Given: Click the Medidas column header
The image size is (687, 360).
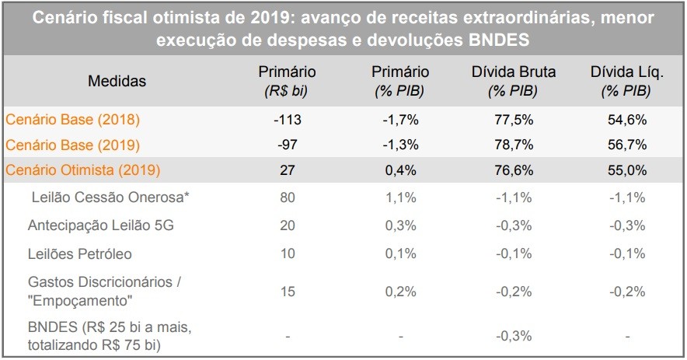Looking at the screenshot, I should (x=117, y=80).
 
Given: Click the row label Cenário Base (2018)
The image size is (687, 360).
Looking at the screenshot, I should (x=72, y=120).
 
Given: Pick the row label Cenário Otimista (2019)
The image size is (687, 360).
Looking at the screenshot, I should (x=83, y=170).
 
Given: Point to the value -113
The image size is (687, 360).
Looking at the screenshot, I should (x=287, y=120).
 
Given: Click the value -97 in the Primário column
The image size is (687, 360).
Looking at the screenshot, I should (x=287, y=145).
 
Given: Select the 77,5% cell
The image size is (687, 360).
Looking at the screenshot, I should (x=513, y=120).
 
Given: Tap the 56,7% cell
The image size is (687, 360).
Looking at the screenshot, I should (x=626, y=145).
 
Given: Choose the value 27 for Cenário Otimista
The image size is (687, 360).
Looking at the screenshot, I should (x=287, y=170).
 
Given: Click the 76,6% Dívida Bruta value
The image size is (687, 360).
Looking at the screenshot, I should (x=513, y=170).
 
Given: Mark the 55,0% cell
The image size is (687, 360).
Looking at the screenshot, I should (x=626, y=170).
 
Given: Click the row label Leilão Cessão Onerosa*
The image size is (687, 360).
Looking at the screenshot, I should (x=110, y=197).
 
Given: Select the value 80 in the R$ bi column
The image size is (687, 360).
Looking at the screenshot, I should (x=287, y=197).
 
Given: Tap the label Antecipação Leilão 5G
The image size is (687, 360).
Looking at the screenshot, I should (x=99, y=225).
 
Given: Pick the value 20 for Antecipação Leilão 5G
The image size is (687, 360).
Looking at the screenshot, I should (x=287, y=225).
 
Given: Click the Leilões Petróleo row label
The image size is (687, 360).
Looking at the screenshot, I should (x=79, y=253).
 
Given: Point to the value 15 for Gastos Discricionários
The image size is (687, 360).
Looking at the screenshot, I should (x=287, y=291).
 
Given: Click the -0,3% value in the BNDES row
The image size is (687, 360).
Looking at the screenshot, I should (x=513, y=337).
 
